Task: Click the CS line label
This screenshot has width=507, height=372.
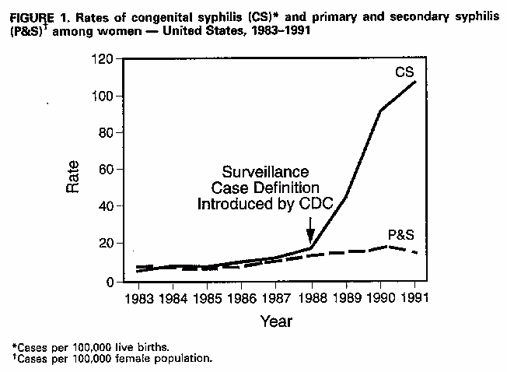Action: (x=404, y=73)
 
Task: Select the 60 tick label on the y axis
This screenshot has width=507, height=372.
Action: (x=106, y=170)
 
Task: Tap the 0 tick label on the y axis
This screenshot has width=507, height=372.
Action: (x=110, y=281)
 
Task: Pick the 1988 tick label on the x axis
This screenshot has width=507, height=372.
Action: (x=310, y=298)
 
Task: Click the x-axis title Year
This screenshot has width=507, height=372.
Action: (x=276, y=321)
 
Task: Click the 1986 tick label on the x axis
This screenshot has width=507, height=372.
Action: (x=241, y=298)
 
